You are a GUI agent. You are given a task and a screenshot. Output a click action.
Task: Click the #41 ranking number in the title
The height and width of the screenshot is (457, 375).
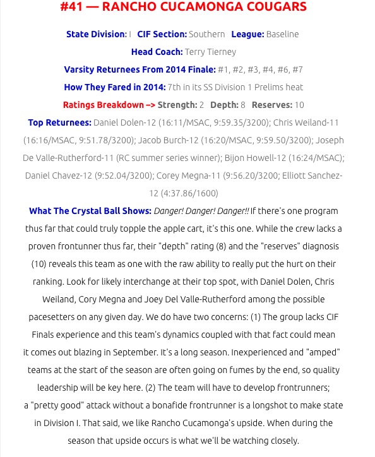point(71,8)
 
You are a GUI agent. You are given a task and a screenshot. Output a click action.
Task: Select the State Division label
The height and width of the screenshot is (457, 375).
point(96,34)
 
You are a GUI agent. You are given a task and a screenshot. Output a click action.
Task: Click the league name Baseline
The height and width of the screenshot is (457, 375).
point(282,34)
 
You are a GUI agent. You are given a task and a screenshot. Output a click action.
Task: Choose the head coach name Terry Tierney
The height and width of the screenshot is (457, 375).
point(211,52)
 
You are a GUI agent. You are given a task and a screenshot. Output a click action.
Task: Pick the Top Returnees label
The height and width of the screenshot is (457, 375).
point(59,122)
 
